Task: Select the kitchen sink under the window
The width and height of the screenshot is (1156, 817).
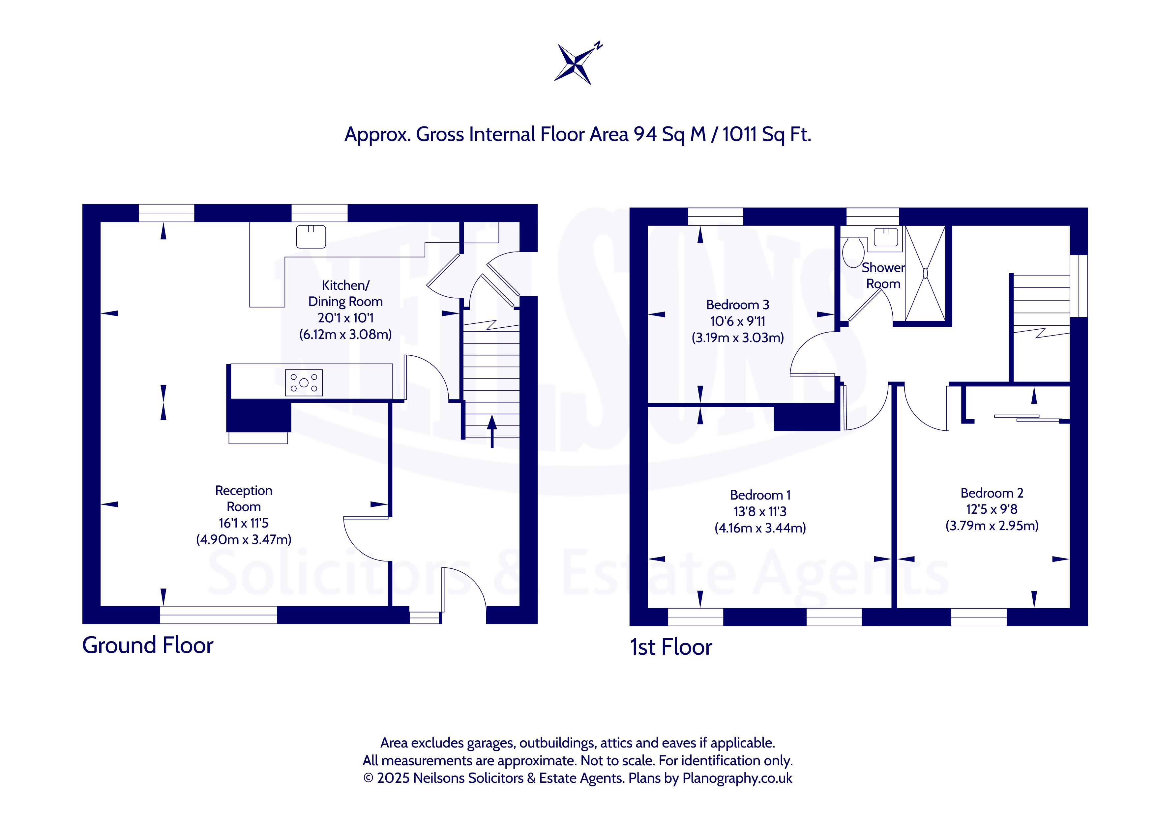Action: [311, 236]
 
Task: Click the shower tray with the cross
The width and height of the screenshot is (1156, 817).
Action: [925, 273]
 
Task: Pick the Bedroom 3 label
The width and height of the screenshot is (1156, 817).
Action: [738, 305]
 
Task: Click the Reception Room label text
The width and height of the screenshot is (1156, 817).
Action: [244, 499]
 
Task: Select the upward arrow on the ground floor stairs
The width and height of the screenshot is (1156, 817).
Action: [492, 431]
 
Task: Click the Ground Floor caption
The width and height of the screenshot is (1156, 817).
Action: [148, 645]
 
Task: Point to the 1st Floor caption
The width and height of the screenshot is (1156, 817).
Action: [671, 647]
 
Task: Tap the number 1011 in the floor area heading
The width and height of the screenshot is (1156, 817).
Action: [740, 134]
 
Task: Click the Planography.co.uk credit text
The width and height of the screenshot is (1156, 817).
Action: [737, 778]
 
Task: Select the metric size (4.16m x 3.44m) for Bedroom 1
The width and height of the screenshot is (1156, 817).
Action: [760, 528]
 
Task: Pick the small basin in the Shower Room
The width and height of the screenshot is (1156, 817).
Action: [886, 237]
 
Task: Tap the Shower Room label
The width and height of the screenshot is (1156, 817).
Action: [883, 276]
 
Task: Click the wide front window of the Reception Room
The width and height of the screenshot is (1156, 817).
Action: [219, 615]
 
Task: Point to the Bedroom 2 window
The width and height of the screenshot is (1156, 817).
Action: [979, 617]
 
